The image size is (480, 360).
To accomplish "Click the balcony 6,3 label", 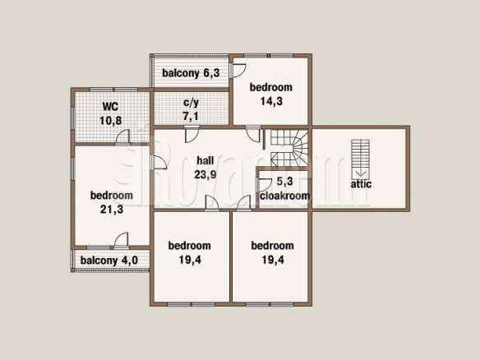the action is click(x=191, y=73).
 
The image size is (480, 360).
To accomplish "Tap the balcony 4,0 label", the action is click(x=109, y=261).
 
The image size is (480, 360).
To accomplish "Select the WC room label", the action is click(x=110, y=107).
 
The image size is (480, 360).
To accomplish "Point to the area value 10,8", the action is click(x=110, y=121).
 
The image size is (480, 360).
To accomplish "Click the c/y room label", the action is click(x=191, y=103).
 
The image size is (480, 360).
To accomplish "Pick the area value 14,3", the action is click(x=271, y=101).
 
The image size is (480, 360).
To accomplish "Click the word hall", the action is click(x=205, y=160).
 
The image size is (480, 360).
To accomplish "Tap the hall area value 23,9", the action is click(x=205, y=174).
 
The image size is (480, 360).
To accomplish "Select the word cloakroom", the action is click(x=284, y=196).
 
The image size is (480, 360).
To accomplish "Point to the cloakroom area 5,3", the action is click(x=284, y=182).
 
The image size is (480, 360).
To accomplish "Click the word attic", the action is click(x=361, y=184).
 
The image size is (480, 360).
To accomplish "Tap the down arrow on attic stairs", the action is click(x=361, y=173).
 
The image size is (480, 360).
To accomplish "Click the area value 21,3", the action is click(x=112, y=210).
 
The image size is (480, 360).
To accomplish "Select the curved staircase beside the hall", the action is click(x=289, y=148).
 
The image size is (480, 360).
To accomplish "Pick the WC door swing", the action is click(x=122, y=136).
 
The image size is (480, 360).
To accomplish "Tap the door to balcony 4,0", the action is click(x=122, y=239).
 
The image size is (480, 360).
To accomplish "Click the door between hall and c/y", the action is click(x=192, y=135).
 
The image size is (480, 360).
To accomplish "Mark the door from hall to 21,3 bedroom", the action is click(x=159, y=162).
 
